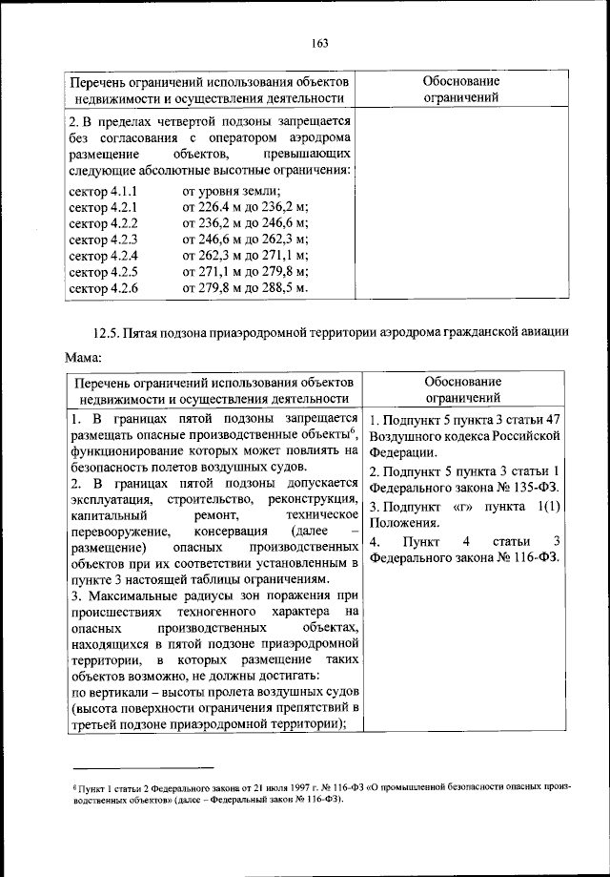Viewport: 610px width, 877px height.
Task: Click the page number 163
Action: pos(319,42)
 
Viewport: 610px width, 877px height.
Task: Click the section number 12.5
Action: pos(107,333)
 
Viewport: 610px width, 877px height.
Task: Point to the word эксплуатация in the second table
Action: pos(107,498)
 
